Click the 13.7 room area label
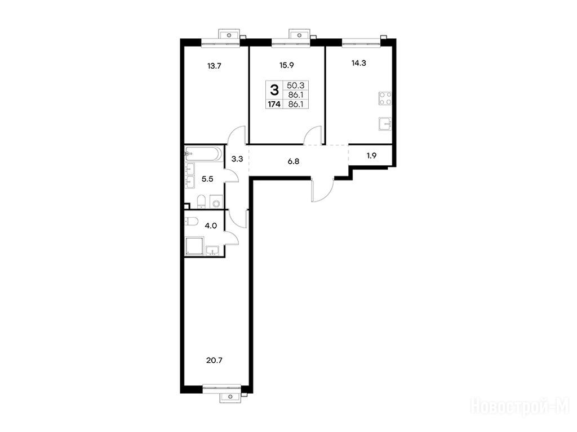pyautogui.click(x=214, y=66)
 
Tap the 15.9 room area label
pyautogui.click(x=286, y=66)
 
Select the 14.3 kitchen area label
pyautogui.click(x=359, y=63)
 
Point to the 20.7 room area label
pyautogui.click(x=215, y=361)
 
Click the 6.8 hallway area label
pyautogui.click(x=293, y=161)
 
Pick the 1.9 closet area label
pyautogui.click(x=372, y=155)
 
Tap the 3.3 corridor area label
pyautogui.click(x=237, y=159)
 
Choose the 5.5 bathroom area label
pyautogui.click(x=207, y=179)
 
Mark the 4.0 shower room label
pyautogui.click(x=211, y=226)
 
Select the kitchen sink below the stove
pyautogui.click(x=385, y=124)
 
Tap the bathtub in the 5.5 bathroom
pyautogui.click(x=203, y=154)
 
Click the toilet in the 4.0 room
pyautogui.click(x=192, y=221)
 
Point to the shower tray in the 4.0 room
pyautogui.click(x=194, y=246)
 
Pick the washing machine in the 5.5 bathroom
pyautogui.click(x=216, y=202)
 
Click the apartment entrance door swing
pyautogui.click(x=322, y=190)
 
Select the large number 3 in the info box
pyautogui.click(x=274, y=90)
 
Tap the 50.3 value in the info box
pyautogui.click(x=295, y=85)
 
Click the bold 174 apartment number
pyautogui.click(x=274, y=104)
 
